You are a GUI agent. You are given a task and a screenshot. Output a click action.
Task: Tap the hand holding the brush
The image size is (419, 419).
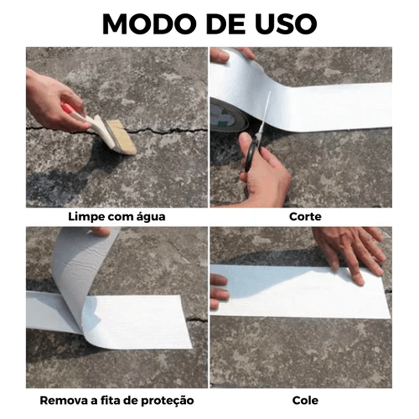click(x=50, y=100)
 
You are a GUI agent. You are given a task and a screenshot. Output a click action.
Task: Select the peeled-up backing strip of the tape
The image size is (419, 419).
click(x=79, y=278)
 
